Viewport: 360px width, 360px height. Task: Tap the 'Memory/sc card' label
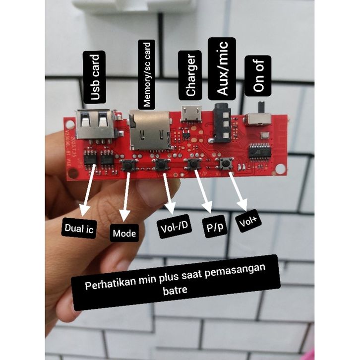(147, 75)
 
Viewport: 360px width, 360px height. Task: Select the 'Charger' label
(191, 75)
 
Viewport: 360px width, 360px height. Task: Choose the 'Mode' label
(124, 233)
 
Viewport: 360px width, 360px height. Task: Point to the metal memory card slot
(148, 130)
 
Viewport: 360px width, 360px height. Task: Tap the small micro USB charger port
(189, 113)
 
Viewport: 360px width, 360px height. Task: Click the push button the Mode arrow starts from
(128, 167)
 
